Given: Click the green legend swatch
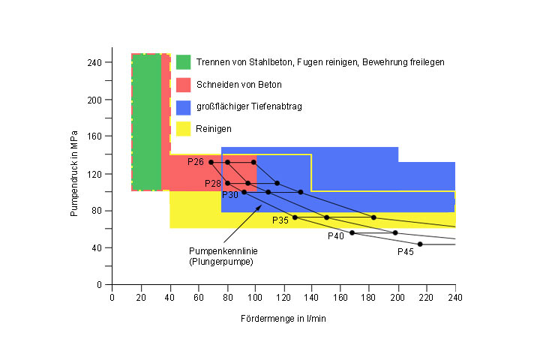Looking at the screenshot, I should tap(183, 61).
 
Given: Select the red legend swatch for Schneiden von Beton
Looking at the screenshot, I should tap(183, 84).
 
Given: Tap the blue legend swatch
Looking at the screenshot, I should tap(183, 106).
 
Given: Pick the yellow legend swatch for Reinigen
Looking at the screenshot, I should tap(183, 129).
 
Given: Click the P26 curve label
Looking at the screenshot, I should tap(196, 162).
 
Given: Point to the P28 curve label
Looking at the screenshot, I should tap(213, 184).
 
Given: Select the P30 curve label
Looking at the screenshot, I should tap(230, 195).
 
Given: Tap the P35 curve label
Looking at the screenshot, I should tap(280, 220).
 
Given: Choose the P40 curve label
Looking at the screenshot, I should tap(336, 236).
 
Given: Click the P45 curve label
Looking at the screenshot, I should tap(406, 252).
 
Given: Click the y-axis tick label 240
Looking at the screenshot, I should tap(94, 62).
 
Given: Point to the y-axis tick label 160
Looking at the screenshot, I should tap(94, 136).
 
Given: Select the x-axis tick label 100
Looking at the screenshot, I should tap(255, 297).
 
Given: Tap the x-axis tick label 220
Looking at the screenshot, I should tap(426, 297).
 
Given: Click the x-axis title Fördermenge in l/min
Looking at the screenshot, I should tap(283, 319).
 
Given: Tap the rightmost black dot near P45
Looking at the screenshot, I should tap(420, 244).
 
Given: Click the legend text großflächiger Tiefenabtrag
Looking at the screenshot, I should tap(249, 106).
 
